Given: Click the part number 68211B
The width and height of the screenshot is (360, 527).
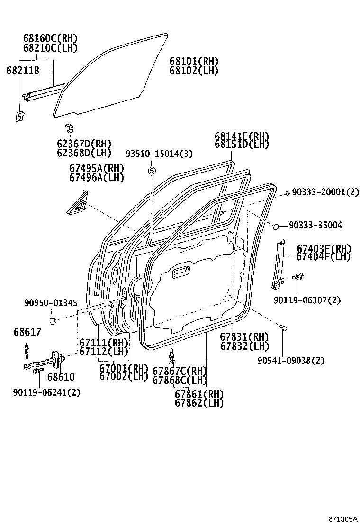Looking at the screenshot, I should [x=22, y=71].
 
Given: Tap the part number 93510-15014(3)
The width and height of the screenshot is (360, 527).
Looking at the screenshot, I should [x=159, y=154].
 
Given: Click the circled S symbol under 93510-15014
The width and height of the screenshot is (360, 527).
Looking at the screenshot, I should [x=152, y=171].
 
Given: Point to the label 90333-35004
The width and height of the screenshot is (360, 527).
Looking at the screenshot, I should [x=317, y=225].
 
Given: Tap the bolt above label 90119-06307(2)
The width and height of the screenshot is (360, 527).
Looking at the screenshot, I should [x=298, y=276].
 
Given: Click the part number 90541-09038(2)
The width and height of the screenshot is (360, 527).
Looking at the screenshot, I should [x=291, y=361].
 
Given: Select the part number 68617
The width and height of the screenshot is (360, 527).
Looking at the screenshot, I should [x=27, y=333].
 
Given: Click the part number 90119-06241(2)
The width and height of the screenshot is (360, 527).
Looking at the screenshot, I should [x=46, y=392].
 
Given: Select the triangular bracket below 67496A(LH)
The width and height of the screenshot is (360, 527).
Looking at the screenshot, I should [x=78, y=203].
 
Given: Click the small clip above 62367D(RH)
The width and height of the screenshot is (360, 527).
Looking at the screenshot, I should [x=69, y=128].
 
